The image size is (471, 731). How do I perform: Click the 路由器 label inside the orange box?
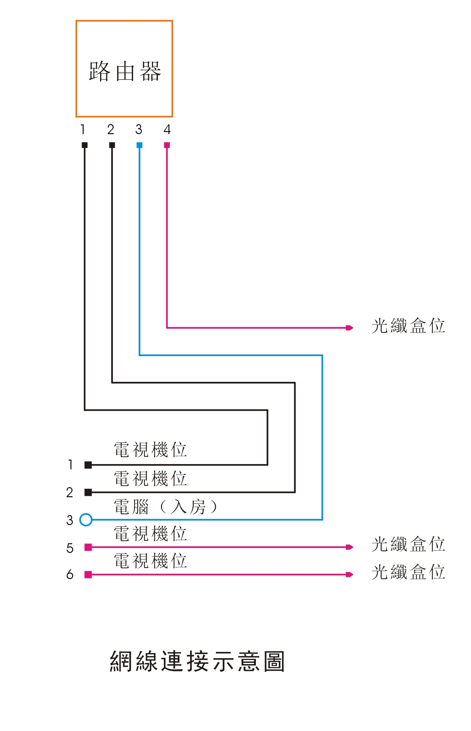[x=124, y=71]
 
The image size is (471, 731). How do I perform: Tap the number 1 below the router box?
[x=83, y=130]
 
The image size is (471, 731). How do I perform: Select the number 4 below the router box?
[x=167, y=130]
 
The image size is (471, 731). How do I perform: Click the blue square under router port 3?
[x=139, y=145]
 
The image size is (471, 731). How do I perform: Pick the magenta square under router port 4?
[x=167, y=145]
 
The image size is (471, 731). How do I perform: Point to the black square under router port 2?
[x=112, y=145]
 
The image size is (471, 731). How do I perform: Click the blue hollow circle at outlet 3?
[x=86, y=520]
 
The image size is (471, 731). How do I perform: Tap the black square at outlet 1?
[x=88, y=465]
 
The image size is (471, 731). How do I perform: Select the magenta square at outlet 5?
[x=88, y=547]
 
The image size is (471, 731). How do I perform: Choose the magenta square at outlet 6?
[x=88, y=575]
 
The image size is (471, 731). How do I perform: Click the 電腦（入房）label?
[x=166, y=507]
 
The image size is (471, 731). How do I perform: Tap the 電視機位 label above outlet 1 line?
[x=150, y=450]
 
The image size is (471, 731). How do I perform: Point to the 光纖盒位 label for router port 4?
[x=408, y=326]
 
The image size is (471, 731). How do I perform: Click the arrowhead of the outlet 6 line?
[x=350, y=575]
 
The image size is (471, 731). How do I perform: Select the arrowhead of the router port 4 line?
[x=350, y=328]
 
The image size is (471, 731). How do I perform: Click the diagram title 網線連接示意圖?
[x=197, y=661]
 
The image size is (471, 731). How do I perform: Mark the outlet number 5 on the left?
[x=70, y=548]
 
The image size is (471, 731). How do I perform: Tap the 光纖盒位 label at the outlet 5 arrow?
[x=408, y=544]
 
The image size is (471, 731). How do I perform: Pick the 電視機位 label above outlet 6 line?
[x=150, y=561]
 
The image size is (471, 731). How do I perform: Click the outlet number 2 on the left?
[x=70, y=493]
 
